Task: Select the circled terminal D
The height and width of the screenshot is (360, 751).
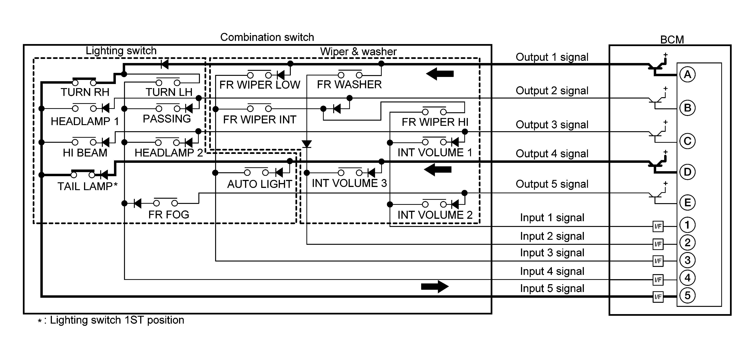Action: (687, 172)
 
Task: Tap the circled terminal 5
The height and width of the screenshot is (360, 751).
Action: (687, 296)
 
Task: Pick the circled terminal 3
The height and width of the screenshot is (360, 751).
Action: (687, 260)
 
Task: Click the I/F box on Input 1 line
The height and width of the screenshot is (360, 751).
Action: (658, 226)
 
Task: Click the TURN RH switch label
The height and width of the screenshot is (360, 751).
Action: (85, 92)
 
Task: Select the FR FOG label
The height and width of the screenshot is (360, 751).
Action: (168, 214)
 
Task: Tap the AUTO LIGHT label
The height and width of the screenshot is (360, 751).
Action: (259, 184)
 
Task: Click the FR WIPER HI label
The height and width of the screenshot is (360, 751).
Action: (435, 122)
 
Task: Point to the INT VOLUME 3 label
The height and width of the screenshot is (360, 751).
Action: (349, 183)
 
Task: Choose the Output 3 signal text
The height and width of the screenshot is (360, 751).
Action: (552, 125)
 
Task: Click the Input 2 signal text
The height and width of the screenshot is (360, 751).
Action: (552, 236)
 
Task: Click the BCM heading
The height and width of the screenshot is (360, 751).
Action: (672, 39)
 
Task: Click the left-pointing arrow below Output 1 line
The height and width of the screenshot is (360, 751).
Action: (440, 74)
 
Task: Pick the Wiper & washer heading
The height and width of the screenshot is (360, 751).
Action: (358, 52)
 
